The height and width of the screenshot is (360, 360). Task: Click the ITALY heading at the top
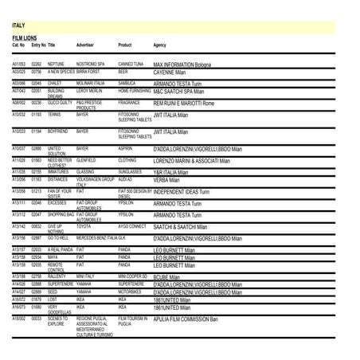click(18, 25)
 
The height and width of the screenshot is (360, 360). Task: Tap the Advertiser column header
click(85, 45)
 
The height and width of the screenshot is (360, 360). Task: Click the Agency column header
click(160, 45)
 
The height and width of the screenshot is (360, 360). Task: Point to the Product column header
click(124, 45)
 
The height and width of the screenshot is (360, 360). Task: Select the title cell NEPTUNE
click(56, 63)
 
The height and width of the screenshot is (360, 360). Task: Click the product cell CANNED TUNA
click(131, 63)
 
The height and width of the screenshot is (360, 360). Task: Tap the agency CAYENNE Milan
click(169, 72)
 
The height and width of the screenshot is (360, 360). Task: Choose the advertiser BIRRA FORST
click(88, 71)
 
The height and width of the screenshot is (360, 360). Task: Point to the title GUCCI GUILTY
click(60, 102)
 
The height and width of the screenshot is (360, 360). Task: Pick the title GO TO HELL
click(58, 237)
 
